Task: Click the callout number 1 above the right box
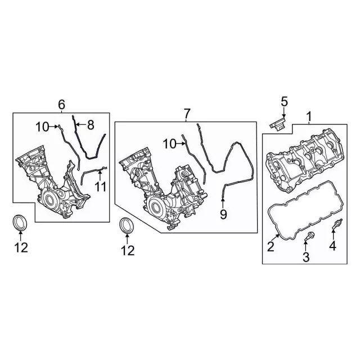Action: click(x=308, y=117)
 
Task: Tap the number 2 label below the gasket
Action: click(x=271, y=246)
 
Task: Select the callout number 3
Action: click(x=306, y=258)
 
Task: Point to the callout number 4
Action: click(x=332, y=246)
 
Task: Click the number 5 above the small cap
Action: click(x=284, y=102)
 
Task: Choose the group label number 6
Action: click(x=61, y=104)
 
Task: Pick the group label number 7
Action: click(x=187, y=114)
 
